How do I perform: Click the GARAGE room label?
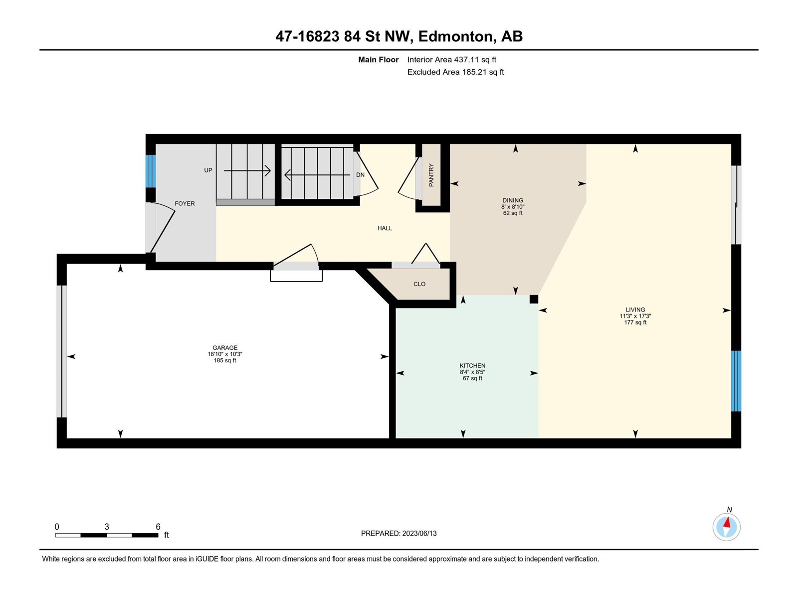(x=225, y=347)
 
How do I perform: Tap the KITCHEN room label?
(x=472, y=366)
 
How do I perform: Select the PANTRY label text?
(x=431, y=175)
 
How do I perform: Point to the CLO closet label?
(x=419, y=284)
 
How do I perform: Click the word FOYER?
(x=185, y=203)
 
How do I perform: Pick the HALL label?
(x=385, y=228)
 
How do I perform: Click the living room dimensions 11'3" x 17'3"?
(x=635, y=316)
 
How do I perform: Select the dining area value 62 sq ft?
(x=513, y=213)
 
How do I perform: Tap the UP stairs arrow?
(x=247, y=170)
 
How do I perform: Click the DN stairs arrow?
(x=317, y=175)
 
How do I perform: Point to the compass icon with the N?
(x=726, y=527)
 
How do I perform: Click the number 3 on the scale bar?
(x=107, y=526)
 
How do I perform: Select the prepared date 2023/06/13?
(x=419, y=533)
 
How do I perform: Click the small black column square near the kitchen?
(x=534, y=299)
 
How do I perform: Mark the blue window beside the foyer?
(x=151, y=171)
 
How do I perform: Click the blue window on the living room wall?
(x=736, y=381)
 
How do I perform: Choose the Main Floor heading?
(x=379, y=59)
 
